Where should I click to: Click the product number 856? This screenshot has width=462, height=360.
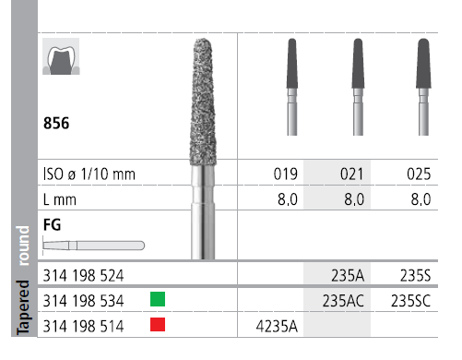tap(56, 123)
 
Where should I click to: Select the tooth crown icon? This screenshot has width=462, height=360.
tap(61, 56)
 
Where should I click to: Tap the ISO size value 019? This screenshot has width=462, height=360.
tap(286, 174)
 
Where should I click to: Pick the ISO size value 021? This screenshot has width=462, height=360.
tap(352, 174)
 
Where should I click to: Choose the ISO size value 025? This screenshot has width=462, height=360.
tap(419, 174)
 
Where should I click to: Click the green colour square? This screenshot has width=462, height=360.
tap(158, 299)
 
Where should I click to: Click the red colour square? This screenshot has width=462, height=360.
tap(158, 325)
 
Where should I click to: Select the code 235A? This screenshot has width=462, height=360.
tap(348, 275)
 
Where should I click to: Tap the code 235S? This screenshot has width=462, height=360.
tap(415, 275)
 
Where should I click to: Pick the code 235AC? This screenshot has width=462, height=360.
tap(343, 301)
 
